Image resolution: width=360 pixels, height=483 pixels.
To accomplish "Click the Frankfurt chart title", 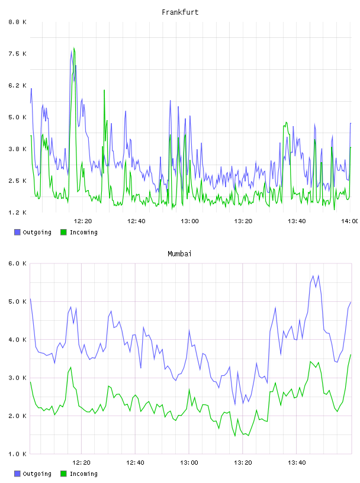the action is pos(180,12).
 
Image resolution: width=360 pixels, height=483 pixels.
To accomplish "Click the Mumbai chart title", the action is pos(179,254).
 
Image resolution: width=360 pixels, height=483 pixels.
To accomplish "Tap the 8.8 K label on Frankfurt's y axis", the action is pos(18,22).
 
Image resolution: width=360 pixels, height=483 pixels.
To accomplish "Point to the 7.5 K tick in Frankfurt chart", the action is pos(18,54).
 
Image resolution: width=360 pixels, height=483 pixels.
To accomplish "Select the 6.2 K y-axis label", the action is pos(18,86).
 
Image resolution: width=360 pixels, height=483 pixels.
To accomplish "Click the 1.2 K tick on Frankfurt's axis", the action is pos(18,212).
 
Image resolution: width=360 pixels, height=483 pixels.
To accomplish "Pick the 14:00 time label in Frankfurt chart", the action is pos(350,221).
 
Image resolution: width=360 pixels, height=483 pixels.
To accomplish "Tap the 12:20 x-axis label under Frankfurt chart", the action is pos(83,221).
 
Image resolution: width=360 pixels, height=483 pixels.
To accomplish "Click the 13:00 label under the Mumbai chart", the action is pos(189,463).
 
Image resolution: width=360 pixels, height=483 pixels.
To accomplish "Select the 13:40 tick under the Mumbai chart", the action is pos(297,463).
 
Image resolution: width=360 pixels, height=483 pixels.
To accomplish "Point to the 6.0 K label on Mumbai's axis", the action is pos(18,263).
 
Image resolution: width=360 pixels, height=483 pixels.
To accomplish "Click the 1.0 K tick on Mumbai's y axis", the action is pos(18,454).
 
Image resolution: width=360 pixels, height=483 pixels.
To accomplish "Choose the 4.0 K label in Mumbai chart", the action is pos(18,340).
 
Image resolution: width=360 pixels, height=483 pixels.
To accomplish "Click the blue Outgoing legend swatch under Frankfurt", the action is pos(17,232).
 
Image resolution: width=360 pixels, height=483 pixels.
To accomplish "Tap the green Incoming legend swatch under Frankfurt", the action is pos(63,232).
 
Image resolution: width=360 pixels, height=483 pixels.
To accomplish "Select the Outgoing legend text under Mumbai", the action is pos(37,474).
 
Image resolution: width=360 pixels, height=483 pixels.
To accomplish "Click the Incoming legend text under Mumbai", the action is pos(83,474).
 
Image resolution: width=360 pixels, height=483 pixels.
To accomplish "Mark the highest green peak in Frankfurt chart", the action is pos(74,48).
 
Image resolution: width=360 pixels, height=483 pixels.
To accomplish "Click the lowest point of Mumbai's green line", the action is pos(235,436).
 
